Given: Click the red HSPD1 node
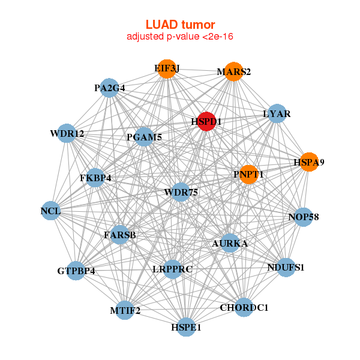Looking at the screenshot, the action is (x=206, y=121).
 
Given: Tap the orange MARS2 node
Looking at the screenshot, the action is (x=234, y=72).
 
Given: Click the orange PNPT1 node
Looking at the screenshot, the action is (x=248, y=175).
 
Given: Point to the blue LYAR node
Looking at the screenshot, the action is (x=277, y=114).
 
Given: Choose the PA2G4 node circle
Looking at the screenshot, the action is (x=109, y=88).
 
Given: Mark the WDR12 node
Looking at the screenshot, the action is (x=67, y=133).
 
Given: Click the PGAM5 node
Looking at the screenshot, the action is (x=144, y=137).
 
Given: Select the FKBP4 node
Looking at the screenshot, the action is (x=95, y=178).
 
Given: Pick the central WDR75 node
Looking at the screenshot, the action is (x=181, y=192).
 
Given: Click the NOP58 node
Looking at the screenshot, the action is (x=304, y=217).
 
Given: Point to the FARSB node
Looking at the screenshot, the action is (x=120, y=235).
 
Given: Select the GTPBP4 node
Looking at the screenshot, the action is (x=76, y=271).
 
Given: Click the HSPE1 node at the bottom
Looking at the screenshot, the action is (x=186, y=328).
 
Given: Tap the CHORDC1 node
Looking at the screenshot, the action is (x=244, y=308).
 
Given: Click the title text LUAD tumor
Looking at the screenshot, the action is (x=180, y=25).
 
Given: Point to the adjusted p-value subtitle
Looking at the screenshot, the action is (x=180, y=37).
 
